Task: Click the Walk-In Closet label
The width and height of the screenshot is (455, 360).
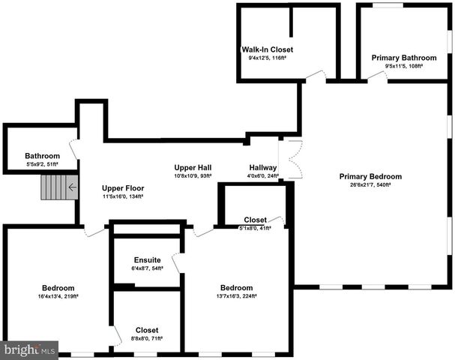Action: (x=262, y=49)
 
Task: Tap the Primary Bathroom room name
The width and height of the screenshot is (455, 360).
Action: (x=404, y=58)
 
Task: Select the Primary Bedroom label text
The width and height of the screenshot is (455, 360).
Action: (x=370, y=177)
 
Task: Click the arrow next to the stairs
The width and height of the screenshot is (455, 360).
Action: (x=72, y=187)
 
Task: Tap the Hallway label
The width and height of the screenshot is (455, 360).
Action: (x=262, y=168)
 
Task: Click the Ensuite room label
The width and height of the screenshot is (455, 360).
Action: (x=147, y=260)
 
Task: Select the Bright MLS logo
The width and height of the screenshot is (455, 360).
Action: (x=30, y=349)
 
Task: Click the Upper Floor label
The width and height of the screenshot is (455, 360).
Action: (x=123, y=188)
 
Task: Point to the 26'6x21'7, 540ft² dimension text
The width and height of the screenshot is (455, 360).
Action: (x=370, y=185)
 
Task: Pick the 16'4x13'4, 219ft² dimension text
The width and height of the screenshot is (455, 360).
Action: (x=58, y=297)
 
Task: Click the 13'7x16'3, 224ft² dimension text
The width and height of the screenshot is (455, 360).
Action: (x=235, y=296)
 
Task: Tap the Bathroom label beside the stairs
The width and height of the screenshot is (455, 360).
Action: (x=42, y=156)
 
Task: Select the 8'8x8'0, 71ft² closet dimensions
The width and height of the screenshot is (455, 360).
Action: (x=147, y=338)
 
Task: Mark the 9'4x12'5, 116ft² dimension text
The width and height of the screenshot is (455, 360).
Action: (x=262, y=58)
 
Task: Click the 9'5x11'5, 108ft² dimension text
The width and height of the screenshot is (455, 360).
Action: (x=404, y=66)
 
